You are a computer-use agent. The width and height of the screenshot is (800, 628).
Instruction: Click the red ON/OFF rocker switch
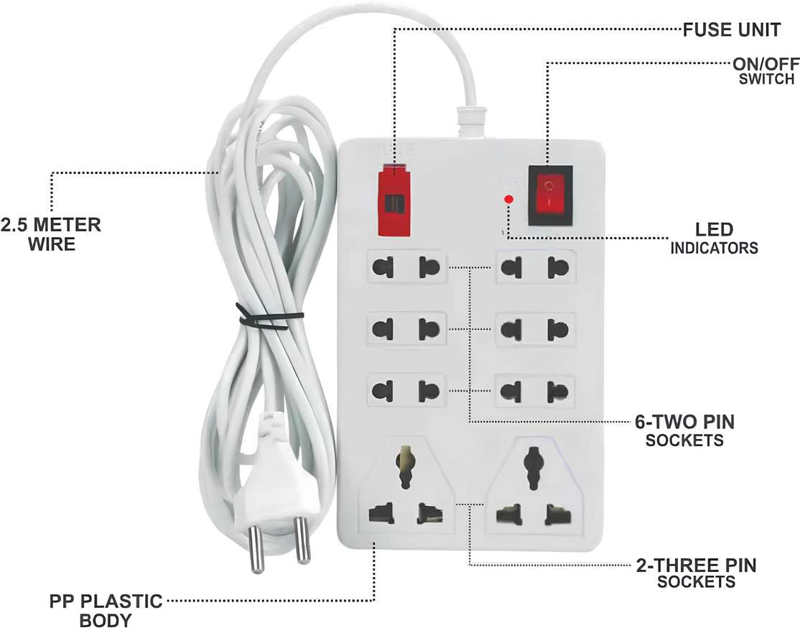pos(549,192)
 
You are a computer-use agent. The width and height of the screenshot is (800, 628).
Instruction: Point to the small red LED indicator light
pos(508,199)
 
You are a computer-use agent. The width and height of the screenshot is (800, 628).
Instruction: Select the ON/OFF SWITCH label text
pos(764,70)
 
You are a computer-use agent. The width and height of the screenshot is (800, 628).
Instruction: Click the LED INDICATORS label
pos(715,239)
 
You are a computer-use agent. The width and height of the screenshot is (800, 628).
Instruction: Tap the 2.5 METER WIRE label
pos(51,234)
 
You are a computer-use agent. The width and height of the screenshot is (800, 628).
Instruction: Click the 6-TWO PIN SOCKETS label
pos(684,430)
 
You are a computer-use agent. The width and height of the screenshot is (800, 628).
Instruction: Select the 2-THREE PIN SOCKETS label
pos(696,573)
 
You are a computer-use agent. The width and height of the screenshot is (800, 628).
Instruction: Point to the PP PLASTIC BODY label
pos(106,609)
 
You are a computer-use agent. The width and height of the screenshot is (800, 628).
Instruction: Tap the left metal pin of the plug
pos(256,549)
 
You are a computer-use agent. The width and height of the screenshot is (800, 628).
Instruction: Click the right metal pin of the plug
pos(300,541)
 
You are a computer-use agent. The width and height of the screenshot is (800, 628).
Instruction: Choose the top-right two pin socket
pos(534,267)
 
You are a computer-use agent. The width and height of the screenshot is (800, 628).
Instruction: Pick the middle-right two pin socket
pos(534,330)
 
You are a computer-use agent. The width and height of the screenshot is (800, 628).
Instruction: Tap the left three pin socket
pos(406,491)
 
